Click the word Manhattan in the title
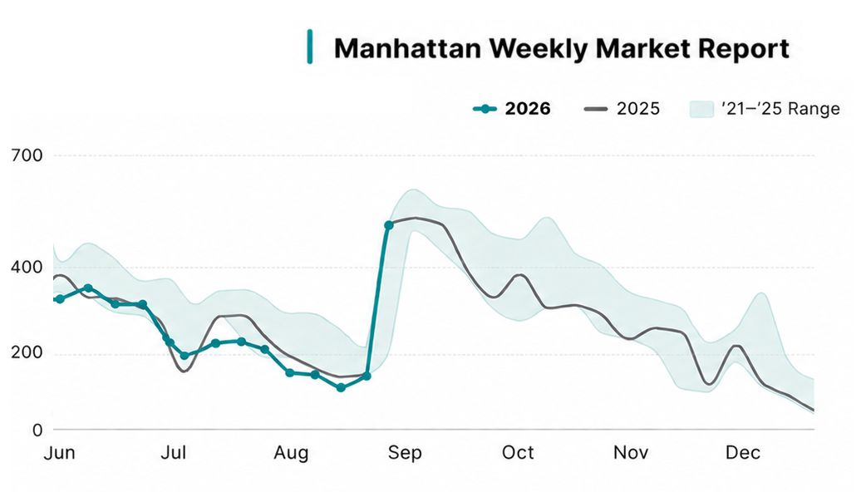pos(408,48)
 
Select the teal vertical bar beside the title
pos(310,47)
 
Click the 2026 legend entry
pos(512,109)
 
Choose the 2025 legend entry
pos(622,109)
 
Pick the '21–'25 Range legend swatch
pos(702,109)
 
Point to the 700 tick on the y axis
pos(27,155)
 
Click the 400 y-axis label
pos(27,268)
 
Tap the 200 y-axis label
pos(27,353)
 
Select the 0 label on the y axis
pos(37,430)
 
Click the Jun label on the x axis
pos(60,453)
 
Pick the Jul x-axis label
pos(174,453)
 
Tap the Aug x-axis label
pos(291,454)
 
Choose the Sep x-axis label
pos(405,454)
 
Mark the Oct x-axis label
pos(518,453)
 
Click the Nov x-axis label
pos(631,453)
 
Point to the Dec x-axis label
pos(743,453)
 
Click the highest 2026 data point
pos(388,225)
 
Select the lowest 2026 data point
pos(341,387)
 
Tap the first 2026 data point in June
pos(60,299)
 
